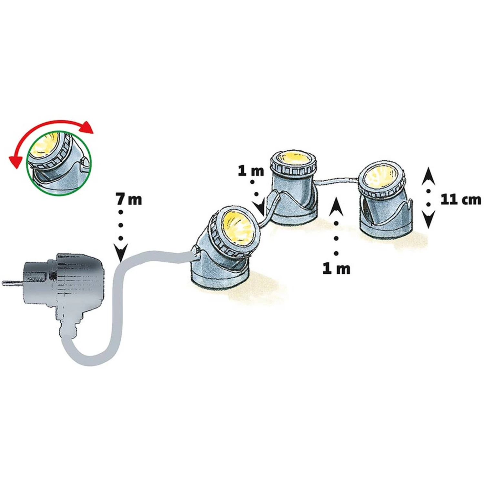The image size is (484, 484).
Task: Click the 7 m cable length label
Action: (x=129, y=199)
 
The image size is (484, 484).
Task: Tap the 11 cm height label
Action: (x=461, y=199)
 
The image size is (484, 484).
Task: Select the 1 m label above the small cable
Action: (x=251, y=171)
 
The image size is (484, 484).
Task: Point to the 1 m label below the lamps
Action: (x=336, y=268)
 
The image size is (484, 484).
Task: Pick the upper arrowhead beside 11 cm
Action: (x=428, y=176)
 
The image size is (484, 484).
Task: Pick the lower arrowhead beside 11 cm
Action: (x=428, y=219)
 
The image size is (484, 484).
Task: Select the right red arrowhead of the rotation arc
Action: (x=86, y=127)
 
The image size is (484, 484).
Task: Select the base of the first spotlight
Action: (x=219, y=277)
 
